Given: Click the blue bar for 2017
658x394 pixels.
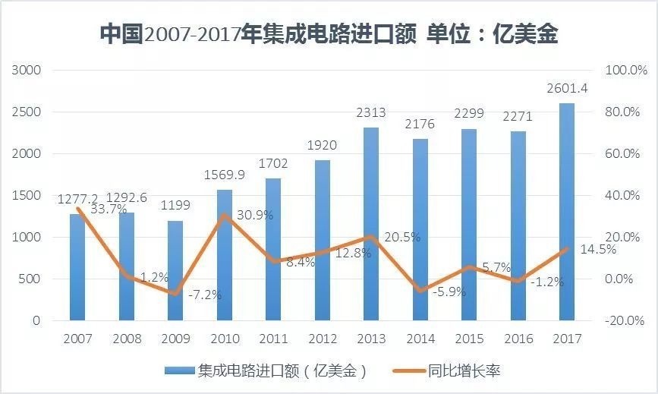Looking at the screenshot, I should [567, 213].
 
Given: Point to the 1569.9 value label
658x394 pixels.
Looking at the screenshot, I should [225, 175].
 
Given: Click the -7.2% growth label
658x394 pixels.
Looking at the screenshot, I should [205, 295].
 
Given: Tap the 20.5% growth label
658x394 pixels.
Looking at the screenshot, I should [402, 237].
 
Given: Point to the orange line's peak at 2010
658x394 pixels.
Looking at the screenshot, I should [225, 216].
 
